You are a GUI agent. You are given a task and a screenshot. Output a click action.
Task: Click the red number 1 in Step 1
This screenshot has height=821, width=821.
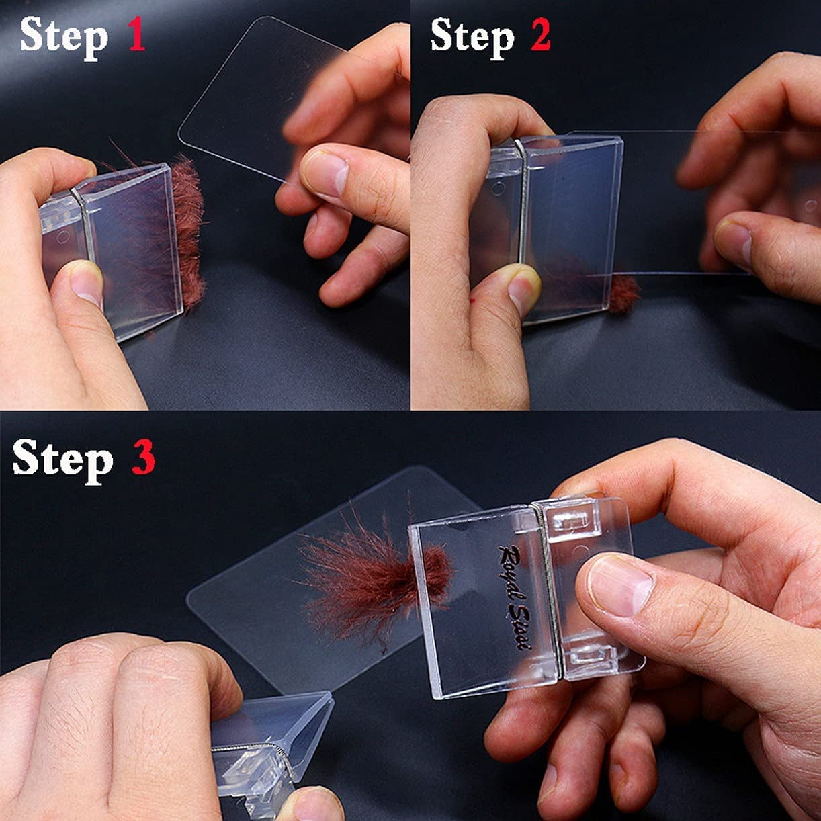136,36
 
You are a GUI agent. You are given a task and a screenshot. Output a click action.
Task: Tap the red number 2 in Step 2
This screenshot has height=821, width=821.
540,36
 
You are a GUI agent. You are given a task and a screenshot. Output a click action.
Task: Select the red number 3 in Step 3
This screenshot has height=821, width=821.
144,457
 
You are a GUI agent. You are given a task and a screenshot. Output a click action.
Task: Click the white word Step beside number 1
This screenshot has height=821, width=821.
64,38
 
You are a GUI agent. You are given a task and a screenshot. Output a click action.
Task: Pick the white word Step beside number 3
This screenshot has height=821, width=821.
62,462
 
